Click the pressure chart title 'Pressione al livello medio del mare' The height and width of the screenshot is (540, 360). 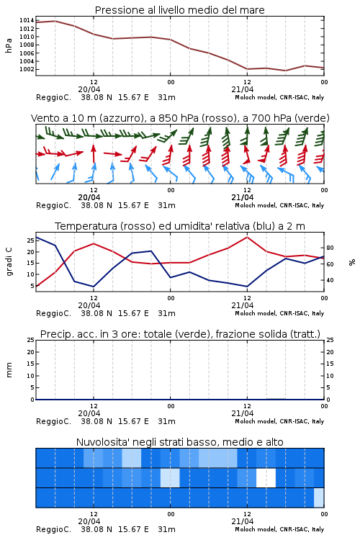[179, 10]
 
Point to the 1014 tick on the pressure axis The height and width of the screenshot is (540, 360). [27, 20]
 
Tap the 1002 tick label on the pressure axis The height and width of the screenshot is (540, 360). [27, 69]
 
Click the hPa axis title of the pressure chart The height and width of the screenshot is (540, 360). [9, 45]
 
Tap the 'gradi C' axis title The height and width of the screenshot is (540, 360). [9, 262]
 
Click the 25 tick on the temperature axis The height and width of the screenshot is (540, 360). [31, 240]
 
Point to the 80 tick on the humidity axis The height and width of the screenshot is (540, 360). [330, 248]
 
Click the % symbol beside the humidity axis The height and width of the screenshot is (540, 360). [352, 262]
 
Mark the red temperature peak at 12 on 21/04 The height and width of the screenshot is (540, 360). [247, 237]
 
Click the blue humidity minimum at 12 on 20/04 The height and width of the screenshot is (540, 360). [94, 287]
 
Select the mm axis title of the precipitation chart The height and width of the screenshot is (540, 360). [9, 370]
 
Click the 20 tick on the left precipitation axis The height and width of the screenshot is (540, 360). [31, 352]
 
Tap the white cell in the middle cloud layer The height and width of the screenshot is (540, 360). [266, 477]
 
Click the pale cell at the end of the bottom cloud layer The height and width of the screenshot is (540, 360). [319, 498]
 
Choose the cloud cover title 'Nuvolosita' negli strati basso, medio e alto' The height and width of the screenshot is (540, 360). [179, 442]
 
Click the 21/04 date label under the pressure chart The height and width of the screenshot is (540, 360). [243, 89]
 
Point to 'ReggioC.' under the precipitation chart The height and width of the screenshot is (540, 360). [53, 421]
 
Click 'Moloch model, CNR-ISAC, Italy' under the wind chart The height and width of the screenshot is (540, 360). [279, 206]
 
